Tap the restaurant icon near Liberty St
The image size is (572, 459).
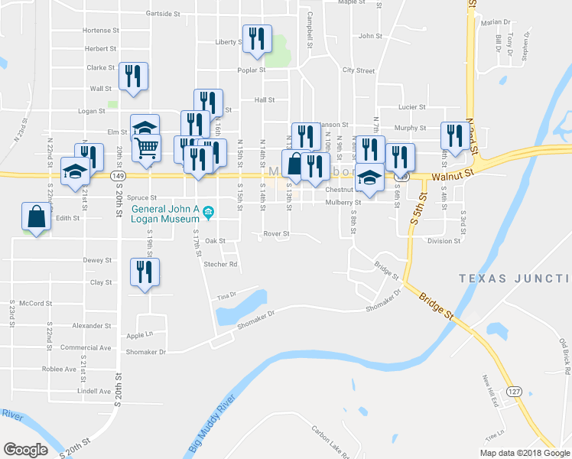257,38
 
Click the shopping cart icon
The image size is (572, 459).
147,146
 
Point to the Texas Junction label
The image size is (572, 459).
515,279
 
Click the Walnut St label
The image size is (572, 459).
447,177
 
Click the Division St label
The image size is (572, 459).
444,241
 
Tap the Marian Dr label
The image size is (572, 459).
496,22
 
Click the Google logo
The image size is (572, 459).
25,450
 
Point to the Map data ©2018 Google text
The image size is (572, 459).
524,453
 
